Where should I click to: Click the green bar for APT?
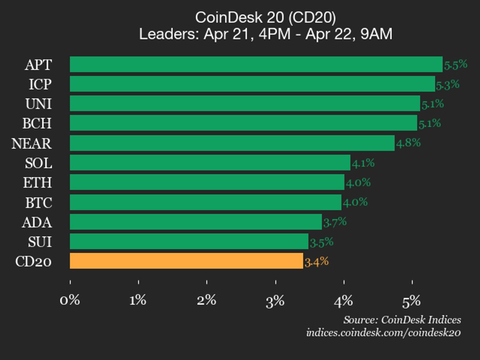256,64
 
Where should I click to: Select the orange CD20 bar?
186,261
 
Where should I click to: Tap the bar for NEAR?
232,143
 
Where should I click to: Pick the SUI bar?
189,241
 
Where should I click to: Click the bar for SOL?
210,163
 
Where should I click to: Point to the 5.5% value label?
455,64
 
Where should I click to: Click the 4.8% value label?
408,143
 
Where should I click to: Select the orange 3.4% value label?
317,262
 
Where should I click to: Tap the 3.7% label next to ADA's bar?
335,222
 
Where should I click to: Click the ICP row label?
40,84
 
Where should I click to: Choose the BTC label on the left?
39,203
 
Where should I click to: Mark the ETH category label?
37,183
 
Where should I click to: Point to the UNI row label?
38,104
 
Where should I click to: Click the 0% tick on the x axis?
70,300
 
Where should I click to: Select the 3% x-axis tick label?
275,301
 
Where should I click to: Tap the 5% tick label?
411,301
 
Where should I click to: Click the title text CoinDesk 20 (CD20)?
265,17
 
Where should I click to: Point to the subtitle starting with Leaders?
265,34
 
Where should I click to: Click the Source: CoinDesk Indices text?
402,320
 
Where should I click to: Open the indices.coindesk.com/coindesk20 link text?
383,333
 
